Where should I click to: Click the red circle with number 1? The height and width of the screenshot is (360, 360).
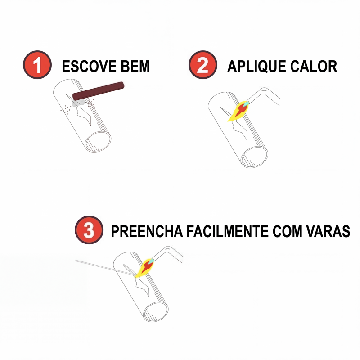point(37,65)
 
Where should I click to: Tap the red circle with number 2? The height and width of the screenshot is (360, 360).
point(203,65)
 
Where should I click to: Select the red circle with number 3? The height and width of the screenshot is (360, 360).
point(89,230)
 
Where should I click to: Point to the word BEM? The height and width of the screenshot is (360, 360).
point(135,66)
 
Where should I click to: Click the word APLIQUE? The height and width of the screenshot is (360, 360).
point(256,67)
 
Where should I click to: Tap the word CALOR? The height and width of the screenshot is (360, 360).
point(314,66)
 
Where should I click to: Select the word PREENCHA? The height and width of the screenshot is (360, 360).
point(147,231)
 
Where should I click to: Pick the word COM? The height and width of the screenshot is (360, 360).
point(288,231)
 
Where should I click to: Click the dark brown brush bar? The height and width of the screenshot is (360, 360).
point(98,91)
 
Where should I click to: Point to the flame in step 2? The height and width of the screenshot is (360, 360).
point(238,111)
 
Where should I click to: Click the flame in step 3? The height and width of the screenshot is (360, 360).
point(144,268)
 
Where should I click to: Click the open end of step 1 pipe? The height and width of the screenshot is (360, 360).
point(98,142)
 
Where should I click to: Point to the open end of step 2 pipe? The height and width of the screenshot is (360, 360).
point(254,157)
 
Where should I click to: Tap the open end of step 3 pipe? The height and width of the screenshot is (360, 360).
point(156,311)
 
